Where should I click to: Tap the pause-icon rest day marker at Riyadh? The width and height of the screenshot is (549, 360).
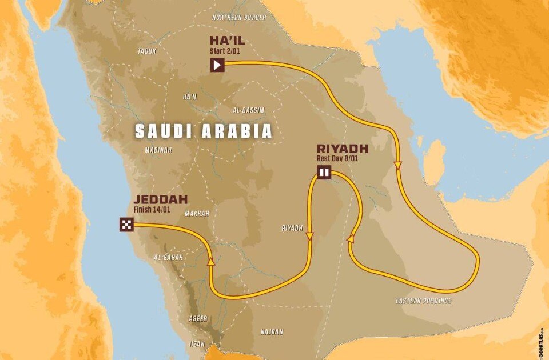324,171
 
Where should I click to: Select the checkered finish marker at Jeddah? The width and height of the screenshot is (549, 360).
126,225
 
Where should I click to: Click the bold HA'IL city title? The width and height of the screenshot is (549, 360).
226,41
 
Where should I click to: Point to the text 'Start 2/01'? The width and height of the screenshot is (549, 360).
225,51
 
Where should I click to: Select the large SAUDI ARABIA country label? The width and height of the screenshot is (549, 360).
203,132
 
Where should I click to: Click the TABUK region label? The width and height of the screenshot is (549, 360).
146,51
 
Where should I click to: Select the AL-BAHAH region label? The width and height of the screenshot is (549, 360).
169,258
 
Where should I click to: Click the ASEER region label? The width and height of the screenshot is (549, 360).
198,318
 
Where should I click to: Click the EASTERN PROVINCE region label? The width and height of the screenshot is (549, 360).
424,301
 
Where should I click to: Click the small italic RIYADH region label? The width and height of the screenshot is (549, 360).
292,227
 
